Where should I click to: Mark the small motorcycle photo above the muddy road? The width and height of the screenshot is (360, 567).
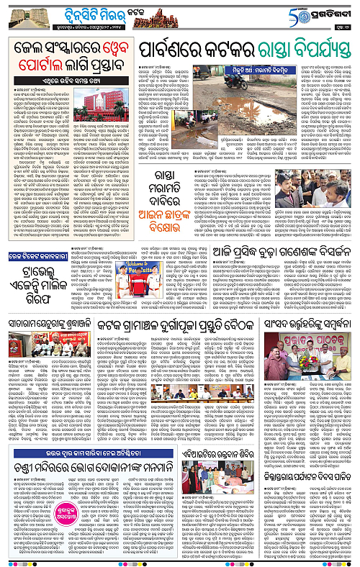[x=240, y=81]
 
